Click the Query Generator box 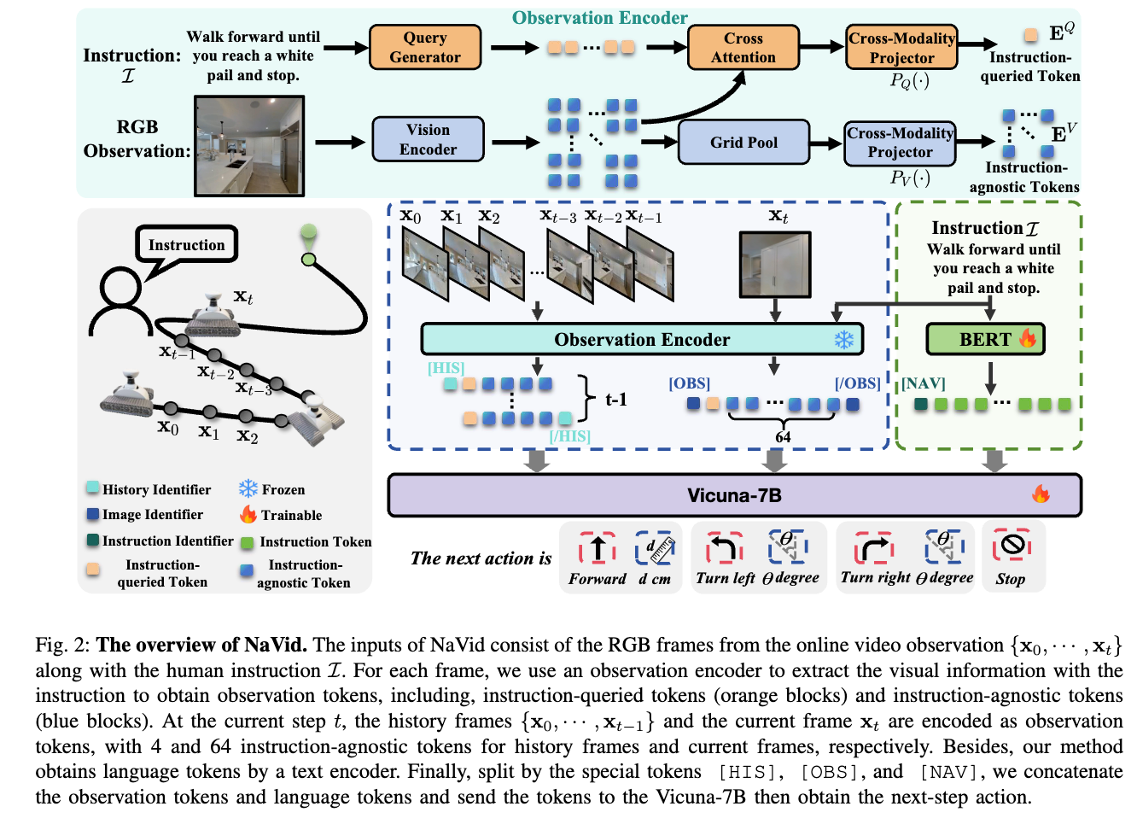(x=424, y=48)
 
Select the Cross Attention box (x=743, y=48)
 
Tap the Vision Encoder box (x=428, y=140)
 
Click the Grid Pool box (x=743, y=143)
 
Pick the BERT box (x=985, y=340)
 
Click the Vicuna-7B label (x=734, y=495)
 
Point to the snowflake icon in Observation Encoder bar (x=843, y=340)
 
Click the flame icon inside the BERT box (x=1028, y=339)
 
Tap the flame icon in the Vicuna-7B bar (x=1041, y=494)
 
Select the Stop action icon (x=1012, y=546)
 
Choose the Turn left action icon (x=724, y=547)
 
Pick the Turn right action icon (x=874, y=547)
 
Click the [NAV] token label (x=924, y=383)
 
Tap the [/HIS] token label (x=569, y=436)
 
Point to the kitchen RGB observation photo (x=249, y=146)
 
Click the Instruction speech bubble (x=186, y=245)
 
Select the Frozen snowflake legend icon (x=248, y=488)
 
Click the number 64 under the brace (x=783, y=437)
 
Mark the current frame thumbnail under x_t (x=774, y=265)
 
